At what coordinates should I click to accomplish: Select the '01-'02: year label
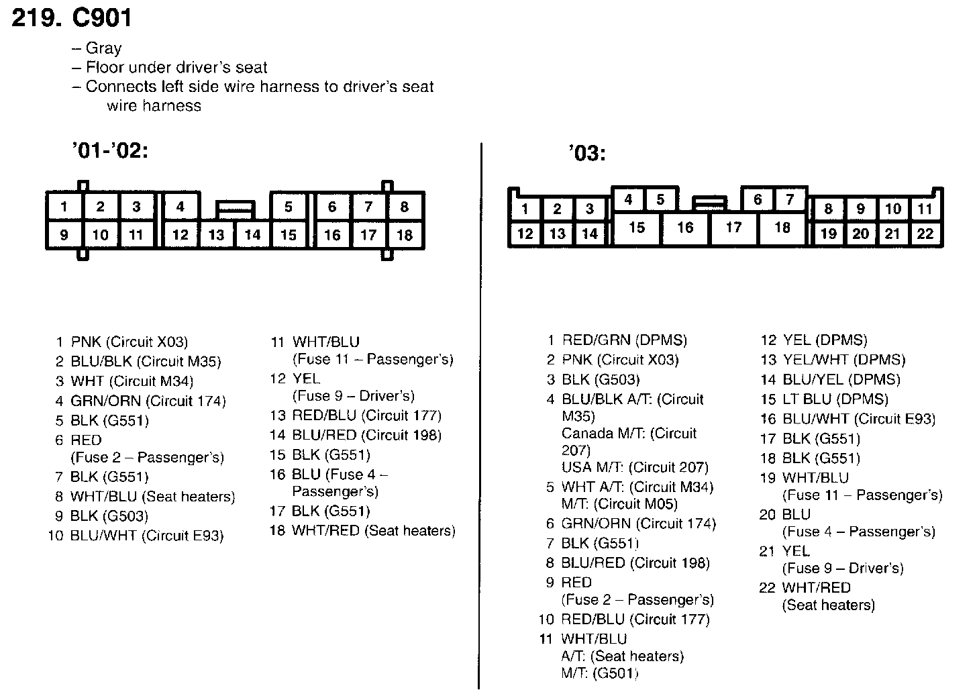[x=109, y=151]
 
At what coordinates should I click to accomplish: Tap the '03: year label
[x=586, y=154]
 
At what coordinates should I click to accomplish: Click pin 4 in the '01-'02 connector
[x=180, y=207]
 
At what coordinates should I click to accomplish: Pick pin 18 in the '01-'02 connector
[x=404, y=235]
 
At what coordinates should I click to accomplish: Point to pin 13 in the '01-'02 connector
[x=216, y=235]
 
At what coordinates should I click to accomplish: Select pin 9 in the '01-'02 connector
[x=64, y=235]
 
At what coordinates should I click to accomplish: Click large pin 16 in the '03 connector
[x=685, y=228]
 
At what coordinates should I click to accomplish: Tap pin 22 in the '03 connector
[x=925, y=234]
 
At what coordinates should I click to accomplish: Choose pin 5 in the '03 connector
[x=660, y=199]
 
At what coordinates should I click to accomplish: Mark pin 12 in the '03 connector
[x=525, y=234]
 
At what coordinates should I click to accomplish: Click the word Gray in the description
[x=103, y=48]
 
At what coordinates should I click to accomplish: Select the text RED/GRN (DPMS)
[x=625, y=340]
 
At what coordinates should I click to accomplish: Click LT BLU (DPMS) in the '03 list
[x=835, y=399]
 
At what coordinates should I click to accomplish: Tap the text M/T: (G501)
[x=600, y=673]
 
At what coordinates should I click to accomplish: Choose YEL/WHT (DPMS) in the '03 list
[x=844, y=360]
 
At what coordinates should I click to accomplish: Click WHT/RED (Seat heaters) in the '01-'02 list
[x=374, y=531]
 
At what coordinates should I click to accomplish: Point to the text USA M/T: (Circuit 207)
[x=635, y=467]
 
